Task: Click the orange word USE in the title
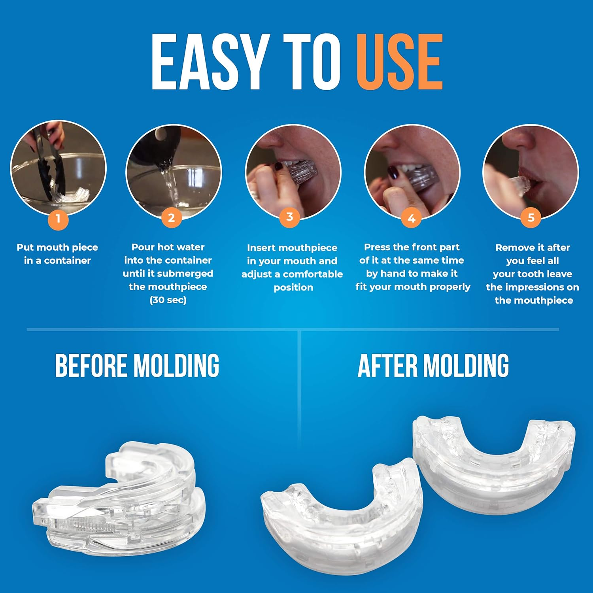[x=399, y=62]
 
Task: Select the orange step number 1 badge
[x=58, y=219]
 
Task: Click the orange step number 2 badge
[x=171, y=218]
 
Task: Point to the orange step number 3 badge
[x=289, y=217]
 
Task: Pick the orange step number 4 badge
[x=411, y=219]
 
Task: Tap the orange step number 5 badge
[x=531, y=218]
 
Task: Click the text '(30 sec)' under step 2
[x=168, y=300]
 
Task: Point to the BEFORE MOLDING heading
[x=137, y=366]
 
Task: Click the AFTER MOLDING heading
[x=433, y=366]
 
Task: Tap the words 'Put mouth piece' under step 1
[x=57, y=247]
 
